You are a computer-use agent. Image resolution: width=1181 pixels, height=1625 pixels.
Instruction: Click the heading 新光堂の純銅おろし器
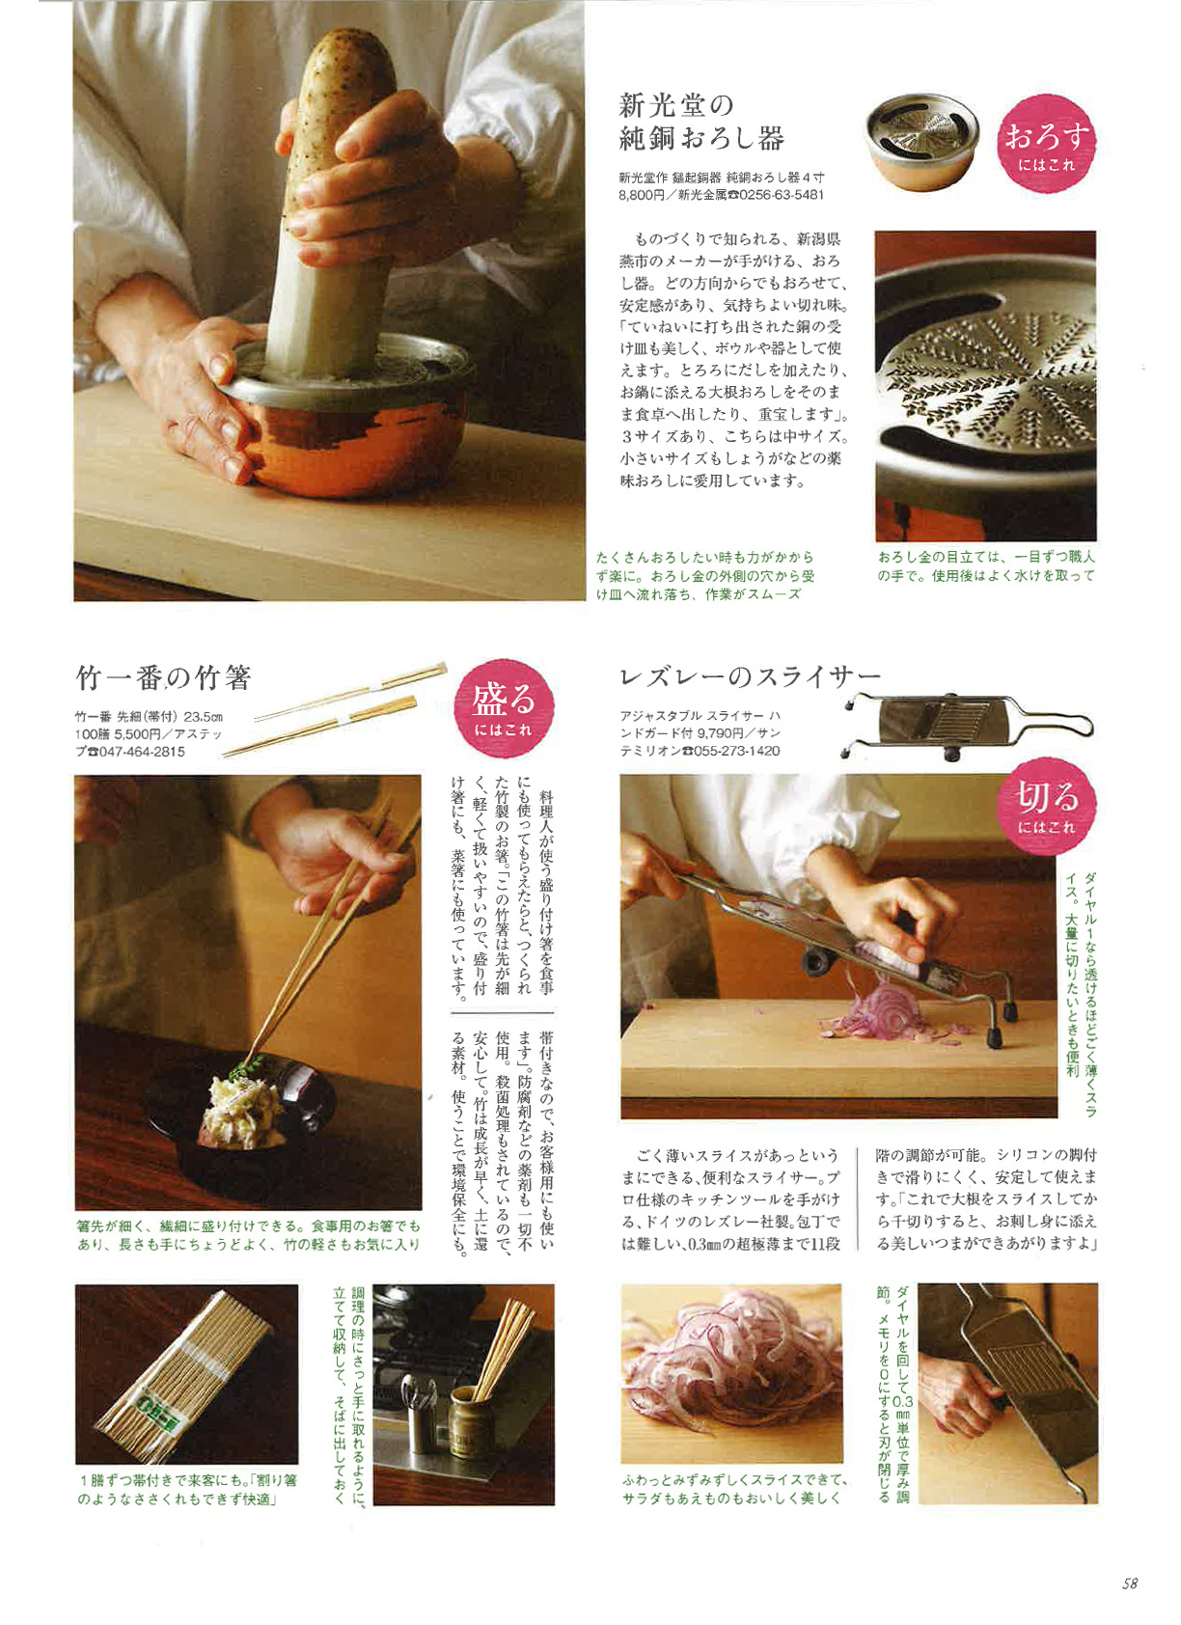point(700,122)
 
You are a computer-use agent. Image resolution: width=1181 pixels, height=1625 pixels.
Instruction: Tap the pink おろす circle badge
point(1046,144)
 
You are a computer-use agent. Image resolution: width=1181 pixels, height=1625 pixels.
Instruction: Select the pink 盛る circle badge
point(504,708)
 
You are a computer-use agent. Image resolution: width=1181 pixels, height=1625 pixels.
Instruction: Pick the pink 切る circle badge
point(1046,805)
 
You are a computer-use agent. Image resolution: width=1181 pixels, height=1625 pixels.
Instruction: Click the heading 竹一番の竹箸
point(164,678)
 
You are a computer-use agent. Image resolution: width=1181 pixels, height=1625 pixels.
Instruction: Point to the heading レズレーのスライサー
point(750,676)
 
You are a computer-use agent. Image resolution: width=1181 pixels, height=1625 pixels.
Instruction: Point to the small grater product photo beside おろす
point(921,141)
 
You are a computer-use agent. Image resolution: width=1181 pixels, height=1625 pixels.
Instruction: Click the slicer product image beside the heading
point(968,726)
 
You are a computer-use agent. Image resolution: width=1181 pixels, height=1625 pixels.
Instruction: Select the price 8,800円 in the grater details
point(636,195)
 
